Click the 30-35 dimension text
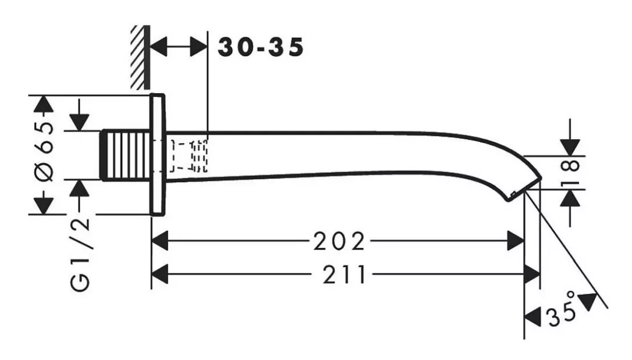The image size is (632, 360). (x=260, y=47)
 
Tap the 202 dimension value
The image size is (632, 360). (x=339, y=241)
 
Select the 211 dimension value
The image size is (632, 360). (x=345, y=275)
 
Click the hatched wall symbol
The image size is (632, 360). (x=140, y=57)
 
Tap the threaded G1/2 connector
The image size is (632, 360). (x=125, y=155)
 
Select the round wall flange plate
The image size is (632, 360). (x=158, y=155)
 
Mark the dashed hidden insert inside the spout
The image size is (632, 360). (x=189, y=156)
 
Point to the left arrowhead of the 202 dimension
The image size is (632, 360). (x=159, y=241)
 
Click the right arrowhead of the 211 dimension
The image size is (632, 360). (x=532, y=275)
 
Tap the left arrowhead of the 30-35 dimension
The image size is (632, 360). (x=159, y=47)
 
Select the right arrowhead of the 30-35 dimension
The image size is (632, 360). (x=198, y=47)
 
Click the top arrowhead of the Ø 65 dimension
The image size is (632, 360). (x=44, y=104)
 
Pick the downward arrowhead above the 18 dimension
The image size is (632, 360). (x=570, y=147)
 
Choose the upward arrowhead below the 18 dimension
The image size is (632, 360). (x=570, y=198)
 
